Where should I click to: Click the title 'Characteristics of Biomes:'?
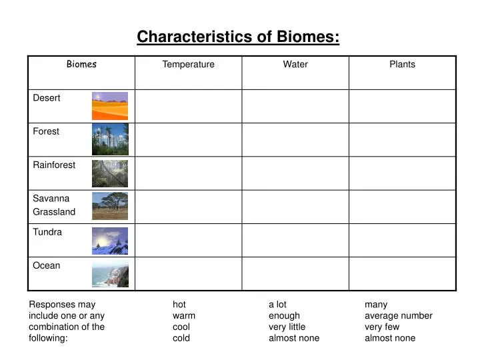pyautogui.click(x=238, y=37)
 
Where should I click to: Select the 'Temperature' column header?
pyautogui.click(x=188, y=65)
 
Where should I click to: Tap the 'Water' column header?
pyautogui.click(x=295, y=65)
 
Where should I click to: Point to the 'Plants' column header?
pyautogui.click(x=402, y=65)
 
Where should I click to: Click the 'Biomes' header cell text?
pyautogui.click(x=81, y=65)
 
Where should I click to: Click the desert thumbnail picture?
pyautogui.click(x=110, y=105)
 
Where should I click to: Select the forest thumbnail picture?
pyautogui.click(x=110, y=139)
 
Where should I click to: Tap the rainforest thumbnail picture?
pyautogui.click(x=110, y=173)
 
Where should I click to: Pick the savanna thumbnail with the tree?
pyautogui.click(x=110, y=207)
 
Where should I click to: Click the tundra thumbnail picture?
pyautogui.click(x=110, y=241)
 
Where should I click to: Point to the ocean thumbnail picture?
pyautogui.click(x=110, y=274)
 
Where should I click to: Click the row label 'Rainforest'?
pyautogui.click(x=54, y=165)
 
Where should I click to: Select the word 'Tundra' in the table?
pyautogui.click(x=47, y=232)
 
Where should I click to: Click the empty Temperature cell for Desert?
pyautogui.click(x=188, y=106)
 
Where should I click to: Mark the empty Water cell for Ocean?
pyautogui.click(x=295, y=274)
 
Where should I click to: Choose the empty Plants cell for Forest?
pyautogui.click(x=402, y=139)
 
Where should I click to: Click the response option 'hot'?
pyautogui.click(x=179, y=305)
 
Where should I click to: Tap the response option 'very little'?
pyautogui.click(x=287, y=327)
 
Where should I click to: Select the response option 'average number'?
pyautogui.click(x=398, y=316)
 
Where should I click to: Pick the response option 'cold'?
pyautogui.click(x=181, y=338)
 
